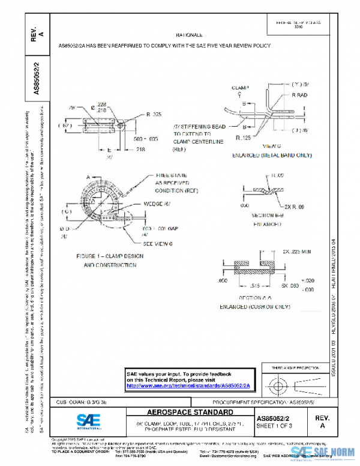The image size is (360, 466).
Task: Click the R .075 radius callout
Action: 154,113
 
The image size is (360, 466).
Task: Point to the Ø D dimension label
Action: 65,229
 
